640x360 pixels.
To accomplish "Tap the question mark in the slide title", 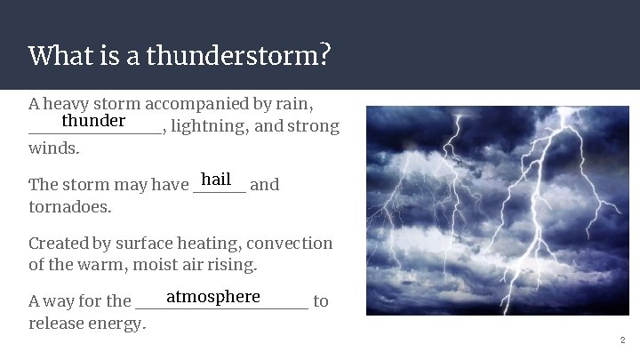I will pos(325,56).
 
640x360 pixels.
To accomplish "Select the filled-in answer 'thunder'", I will pos(93,120).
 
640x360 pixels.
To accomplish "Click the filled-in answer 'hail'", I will pos(216,179).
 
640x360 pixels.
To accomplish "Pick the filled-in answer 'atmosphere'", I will pos(213,296).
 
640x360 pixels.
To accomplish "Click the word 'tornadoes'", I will pos(70,207).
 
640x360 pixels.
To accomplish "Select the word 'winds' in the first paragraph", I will pos(52,148).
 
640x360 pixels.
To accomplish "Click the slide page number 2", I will pos(622,340).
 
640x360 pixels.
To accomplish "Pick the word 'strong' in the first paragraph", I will pos(312,126).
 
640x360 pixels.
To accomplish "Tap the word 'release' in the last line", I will pos(55,324).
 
